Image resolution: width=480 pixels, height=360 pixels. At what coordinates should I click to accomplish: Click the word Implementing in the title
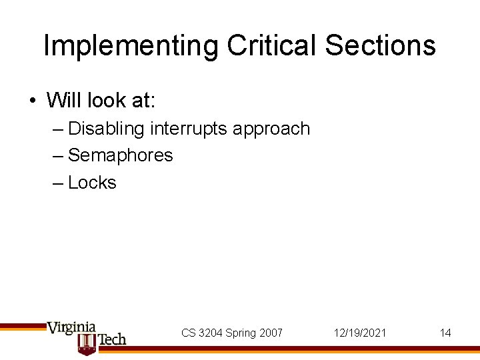[x=131, y=46]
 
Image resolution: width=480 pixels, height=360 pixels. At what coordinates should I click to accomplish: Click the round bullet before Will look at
[x=33, y=101]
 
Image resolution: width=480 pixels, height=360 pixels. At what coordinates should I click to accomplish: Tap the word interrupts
[x=188, y=128]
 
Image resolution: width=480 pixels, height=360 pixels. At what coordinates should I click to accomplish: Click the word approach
[x=272, y=129]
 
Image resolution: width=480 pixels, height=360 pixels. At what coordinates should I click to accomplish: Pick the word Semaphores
[x=121, y=155]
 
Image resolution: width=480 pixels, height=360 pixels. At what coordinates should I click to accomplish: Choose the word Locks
[x=92, y=183]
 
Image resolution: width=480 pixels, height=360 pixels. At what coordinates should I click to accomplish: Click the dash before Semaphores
[x=58, y=156]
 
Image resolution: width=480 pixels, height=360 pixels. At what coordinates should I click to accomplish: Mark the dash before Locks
[x=58, y=183]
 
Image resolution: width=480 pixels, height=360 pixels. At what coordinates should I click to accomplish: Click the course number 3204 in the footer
[x=210, y=333]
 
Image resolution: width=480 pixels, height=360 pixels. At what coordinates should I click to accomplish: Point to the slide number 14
[x=445, y=333]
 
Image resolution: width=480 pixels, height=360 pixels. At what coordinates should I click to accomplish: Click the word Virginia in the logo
[x=71, y=328]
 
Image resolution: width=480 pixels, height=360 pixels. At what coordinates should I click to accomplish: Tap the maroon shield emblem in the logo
[x=87, y=343]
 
